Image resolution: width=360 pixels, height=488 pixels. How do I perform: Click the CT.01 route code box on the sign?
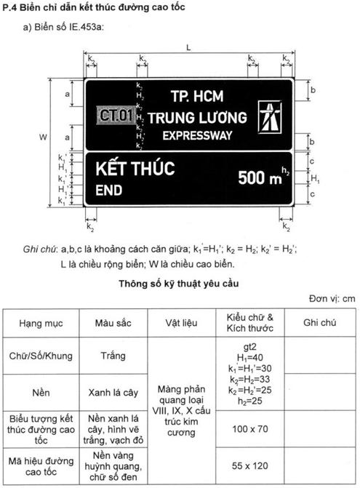point(116,116)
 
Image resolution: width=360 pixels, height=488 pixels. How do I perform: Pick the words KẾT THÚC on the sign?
point(135,169)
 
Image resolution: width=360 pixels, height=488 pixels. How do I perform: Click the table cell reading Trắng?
point(113,356)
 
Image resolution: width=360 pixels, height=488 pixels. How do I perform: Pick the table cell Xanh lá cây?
point(113,393)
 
